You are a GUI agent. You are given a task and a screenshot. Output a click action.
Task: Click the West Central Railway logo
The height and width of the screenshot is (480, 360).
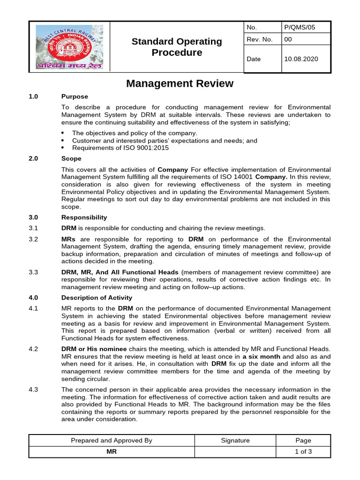pyautogui.click(x=69, y=47)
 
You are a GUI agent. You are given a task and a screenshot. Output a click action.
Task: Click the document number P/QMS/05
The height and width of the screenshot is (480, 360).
pyautogui.click(x=300, y=27)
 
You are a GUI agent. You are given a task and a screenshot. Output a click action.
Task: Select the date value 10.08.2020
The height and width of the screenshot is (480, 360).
pyautogui.click(x=300, y=59)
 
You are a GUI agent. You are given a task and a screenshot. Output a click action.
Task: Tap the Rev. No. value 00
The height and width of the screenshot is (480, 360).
pyautogui.click(x=288, y=39)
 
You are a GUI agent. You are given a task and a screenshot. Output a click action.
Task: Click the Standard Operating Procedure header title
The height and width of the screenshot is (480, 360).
pyautogui.click(x=177, y=47)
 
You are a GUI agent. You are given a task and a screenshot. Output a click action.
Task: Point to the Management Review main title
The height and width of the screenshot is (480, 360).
pyautogui.click(x=180, y=83)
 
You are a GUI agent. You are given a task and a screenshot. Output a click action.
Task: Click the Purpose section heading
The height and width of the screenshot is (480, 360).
pyautogui.click(x=75, y=97)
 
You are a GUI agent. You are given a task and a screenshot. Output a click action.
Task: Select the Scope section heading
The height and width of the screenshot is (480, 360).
pyautogui.click(x=71, y=158)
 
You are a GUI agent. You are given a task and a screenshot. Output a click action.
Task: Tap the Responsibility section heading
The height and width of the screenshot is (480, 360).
pyautogui.click(x=84, y=217)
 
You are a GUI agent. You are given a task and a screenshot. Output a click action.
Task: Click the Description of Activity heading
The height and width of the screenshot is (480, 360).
pyautogui.click(x=97, y=298)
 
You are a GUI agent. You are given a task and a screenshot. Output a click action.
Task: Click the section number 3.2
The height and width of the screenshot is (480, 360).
pyautogui.click(x=33, y=239)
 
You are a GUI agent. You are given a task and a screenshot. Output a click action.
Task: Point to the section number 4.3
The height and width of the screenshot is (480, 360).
pyautogui.click(x=33, y=390)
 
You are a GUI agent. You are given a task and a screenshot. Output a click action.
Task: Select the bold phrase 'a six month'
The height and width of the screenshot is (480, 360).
pyautogui.click(x=262, y=356)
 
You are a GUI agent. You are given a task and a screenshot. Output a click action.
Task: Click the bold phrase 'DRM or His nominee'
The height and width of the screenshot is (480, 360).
pyautogui.click(x=94, y=349)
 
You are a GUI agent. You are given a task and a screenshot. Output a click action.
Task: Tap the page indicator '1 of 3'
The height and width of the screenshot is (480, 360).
pyautogui.click(x=303, y=452)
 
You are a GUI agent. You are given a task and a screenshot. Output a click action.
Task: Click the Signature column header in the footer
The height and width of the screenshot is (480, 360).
pyautogui.click(x=235, y=440)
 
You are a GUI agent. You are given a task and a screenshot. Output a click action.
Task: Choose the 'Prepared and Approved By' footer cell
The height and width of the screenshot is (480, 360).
pyautogui.click(x=112, y=440)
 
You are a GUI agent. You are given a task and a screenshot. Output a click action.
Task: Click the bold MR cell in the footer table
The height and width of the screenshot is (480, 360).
pyautogui.click(x=112, y=452)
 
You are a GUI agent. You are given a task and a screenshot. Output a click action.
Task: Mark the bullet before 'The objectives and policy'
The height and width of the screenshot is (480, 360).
pyautogui.click(x=63, y=133)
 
